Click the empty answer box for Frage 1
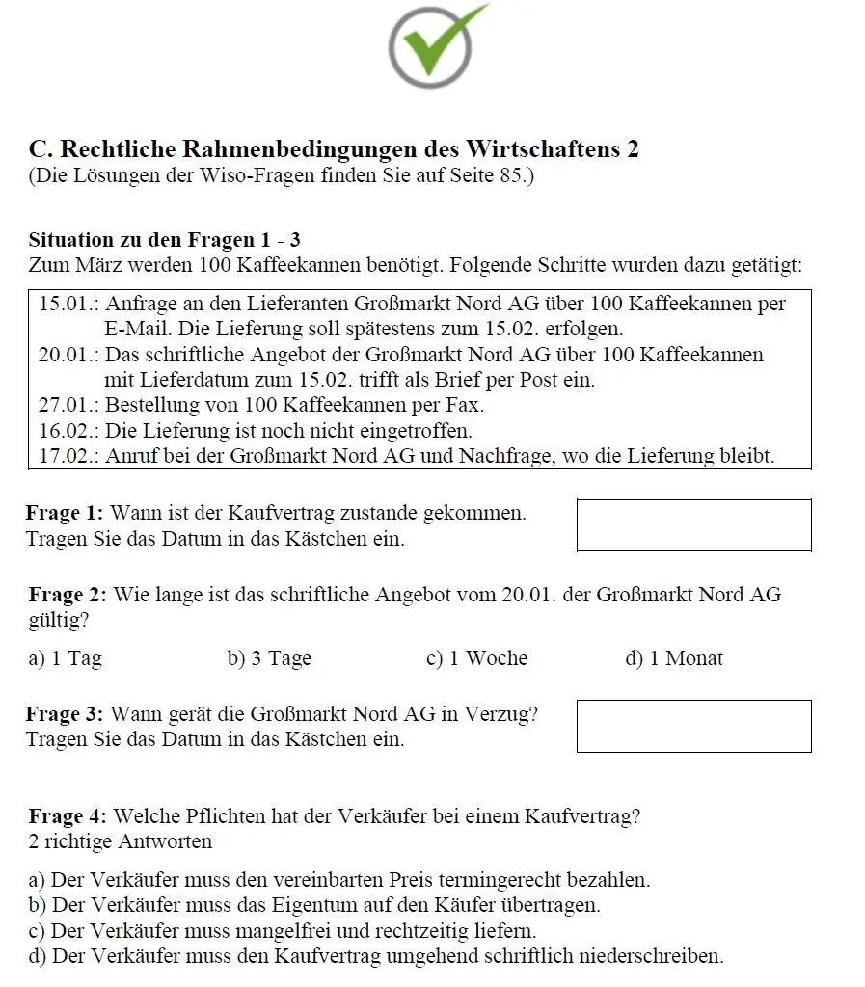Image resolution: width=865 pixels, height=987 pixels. [x=693, y=525]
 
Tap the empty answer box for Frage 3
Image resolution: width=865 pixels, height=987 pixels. [x=693, y=726]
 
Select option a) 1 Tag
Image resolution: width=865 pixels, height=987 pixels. [x=66, y=659]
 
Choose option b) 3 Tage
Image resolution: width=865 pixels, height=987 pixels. [x=269, y=659]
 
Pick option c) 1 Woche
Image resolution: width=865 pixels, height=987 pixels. [x=476, y=659]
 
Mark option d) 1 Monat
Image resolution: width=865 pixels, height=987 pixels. [x=674, y=659]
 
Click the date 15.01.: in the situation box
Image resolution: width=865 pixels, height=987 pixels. [x=68, y=305]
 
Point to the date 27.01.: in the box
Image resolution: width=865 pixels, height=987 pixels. [x=68, y=405]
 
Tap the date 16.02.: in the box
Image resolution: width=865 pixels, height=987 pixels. [x=68, y=430]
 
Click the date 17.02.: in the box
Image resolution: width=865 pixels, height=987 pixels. [x=68, y=455]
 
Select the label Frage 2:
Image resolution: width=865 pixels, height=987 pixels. [x=68, y=595]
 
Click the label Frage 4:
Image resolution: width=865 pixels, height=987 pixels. [x=69, y=817]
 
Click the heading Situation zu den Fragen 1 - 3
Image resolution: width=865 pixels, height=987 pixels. [x=164, y=240]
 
